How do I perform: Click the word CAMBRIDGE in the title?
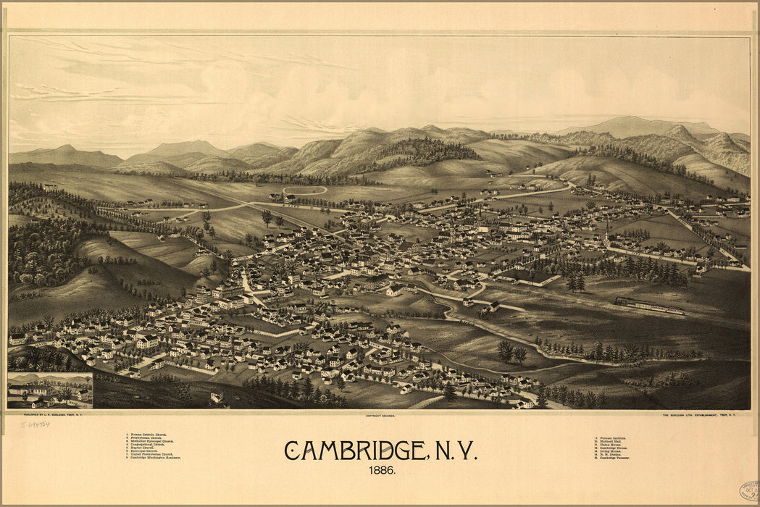(356, 451)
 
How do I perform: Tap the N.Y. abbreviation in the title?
(456, 451)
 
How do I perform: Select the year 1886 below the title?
(380, 470)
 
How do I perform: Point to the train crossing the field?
(649, 306)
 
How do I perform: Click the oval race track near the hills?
(304, 190)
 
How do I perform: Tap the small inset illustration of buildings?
(50, 390)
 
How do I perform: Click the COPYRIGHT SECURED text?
(379, 416)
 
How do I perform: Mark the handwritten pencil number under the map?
(35, 424)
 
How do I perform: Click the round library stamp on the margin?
(749, 490)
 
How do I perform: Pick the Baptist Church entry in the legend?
(148, 449)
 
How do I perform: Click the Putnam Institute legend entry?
(610, 438)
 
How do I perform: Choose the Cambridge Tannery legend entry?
(612, 458)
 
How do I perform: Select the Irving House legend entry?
(606, 450)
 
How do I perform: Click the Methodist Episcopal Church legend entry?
(152, 441)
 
